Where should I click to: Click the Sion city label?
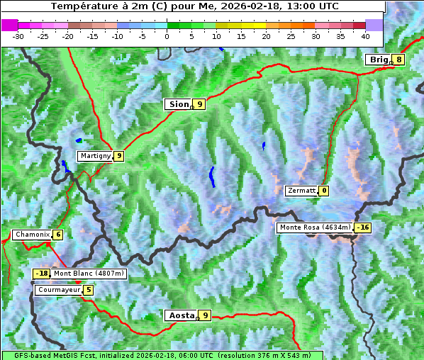pos(178,104)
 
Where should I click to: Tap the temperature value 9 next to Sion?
pos(199,104)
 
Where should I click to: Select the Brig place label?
pos(379,60)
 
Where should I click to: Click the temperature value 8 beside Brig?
pos(398,60)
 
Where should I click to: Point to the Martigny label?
pos(95,156)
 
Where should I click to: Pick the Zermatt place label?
pos(301,191)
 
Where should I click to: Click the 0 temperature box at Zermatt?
pos(324,191)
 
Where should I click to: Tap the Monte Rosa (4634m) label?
pos(315,227)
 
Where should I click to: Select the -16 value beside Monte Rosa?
pos(363,227)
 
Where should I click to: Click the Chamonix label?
pos(31,235)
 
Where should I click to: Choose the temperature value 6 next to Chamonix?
pos(57,235)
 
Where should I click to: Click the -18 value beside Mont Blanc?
pos(42,274)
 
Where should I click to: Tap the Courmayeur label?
pos(58,290)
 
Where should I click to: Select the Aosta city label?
pos(180,315)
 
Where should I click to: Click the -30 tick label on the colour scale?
pos(18,36)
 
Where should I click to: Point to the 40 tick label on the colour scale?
pos(365,36)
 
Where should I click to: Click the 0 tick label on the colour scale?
pos(167,36)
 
